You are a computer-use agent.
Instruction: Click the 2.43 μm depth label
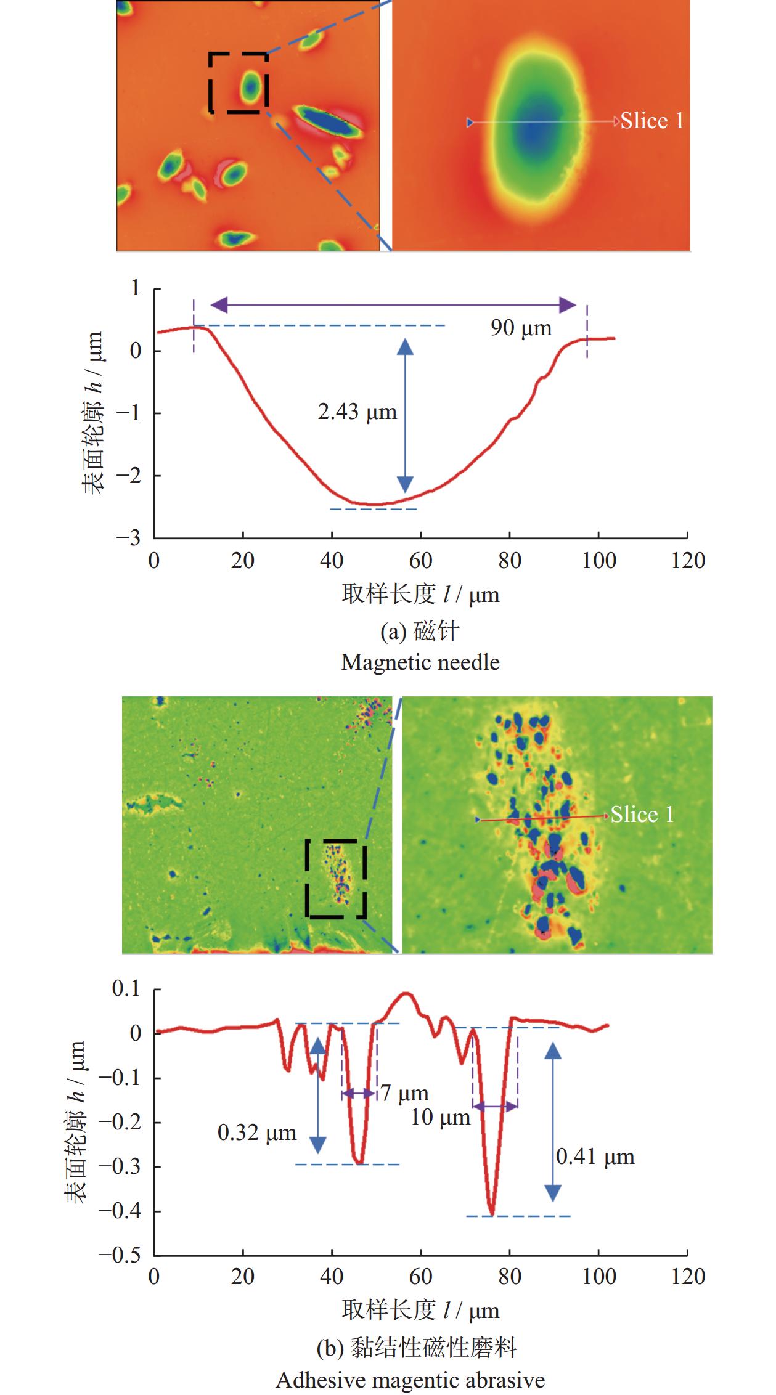click(357, 412)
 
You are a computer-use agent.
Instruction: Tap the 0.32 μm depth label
click(257, 1133)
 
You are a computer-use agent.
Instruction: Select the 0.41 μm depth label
click(595, 1157)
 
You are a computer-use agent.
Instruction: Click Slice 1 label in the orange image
click(651, 121)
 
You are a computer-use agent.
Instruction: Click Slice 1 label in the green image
click(642, 815)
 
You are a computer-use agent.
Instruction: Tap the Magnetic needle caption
click(420, 662)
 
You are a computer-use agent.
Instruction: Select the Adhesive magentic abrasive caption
click(410, 1380)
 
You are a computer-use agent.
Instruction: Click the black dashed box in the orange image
click(238, 83)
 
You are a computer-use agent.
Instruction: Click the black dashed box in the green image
click(336, 879)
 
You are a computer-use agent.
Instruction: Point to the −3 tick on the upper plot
click(129, 538)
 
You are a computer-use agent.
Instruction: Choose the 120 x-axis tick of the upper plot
click(688, 561)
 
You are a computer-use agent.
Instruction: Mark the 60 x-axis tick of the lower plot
click(420, 1277)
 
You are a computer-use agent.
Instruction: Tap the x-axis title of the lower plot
click(420, 1310)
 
